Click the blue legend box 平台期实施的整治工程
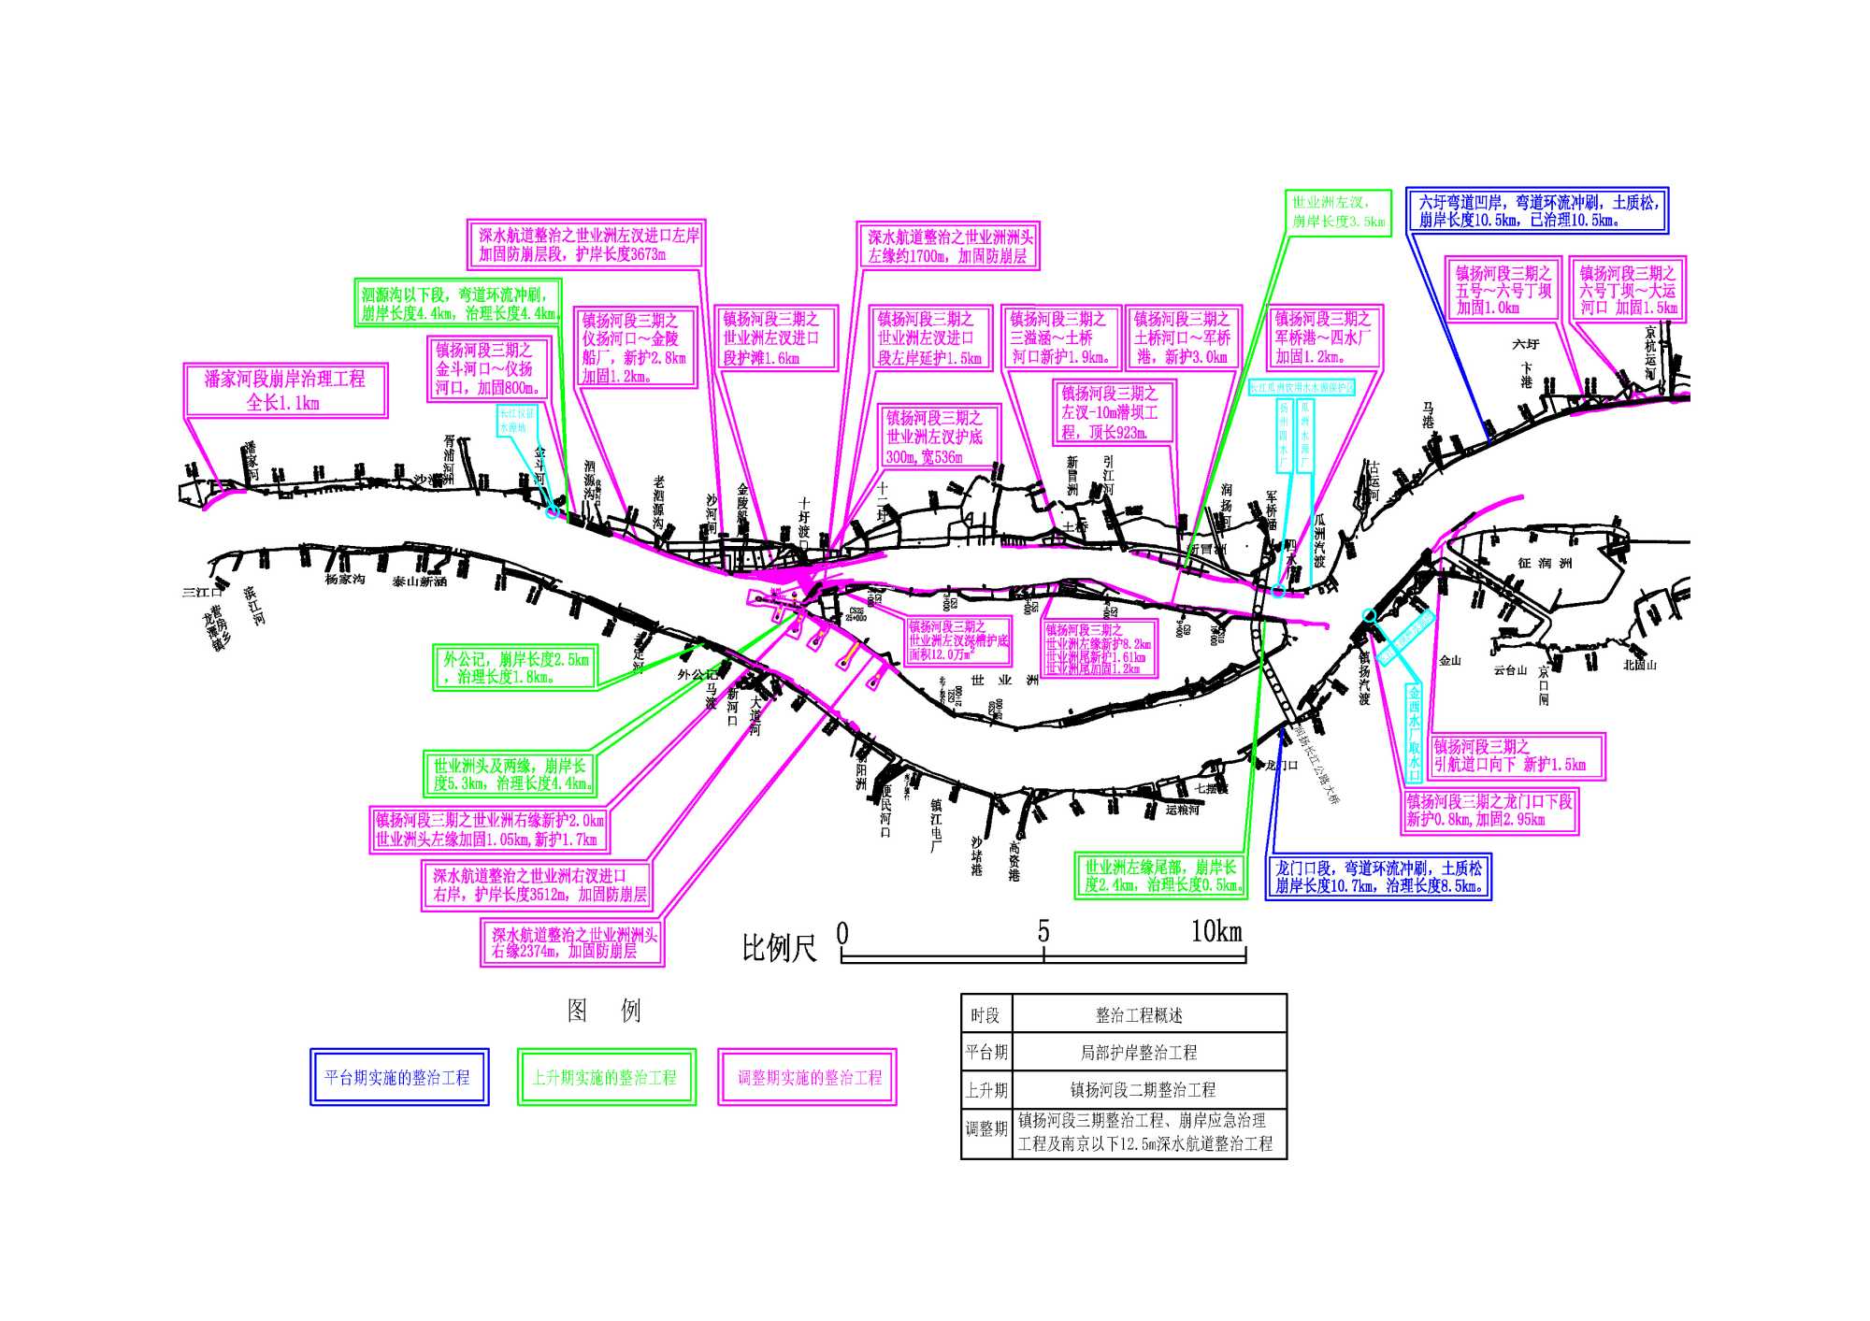399,1077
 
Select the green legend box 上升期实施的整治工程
606,1077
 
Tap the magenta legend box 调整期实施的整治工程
807,1077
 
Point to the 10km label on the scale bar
1215,932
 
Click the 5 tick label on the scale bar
1043,932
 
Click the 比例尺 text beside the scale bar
779,948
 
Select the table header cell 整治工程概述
1139,1014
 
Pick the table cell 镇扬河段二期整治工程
1143,1089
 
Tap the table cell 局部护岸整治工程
1139,1052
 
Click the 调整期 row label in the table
986,1128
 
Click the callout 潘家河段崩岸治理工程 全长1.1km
284,390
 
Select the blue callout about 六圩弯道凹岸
1537,211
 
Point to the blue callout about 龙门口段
1378,877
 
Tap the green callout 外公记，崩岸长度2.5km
515,668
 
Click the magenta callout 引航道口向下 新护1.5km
1517,756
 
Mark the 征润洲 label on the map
1545,563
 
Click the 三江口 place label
202,592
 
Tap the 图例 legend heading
604,1011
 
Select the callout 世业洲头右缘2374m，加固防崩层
572,942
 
